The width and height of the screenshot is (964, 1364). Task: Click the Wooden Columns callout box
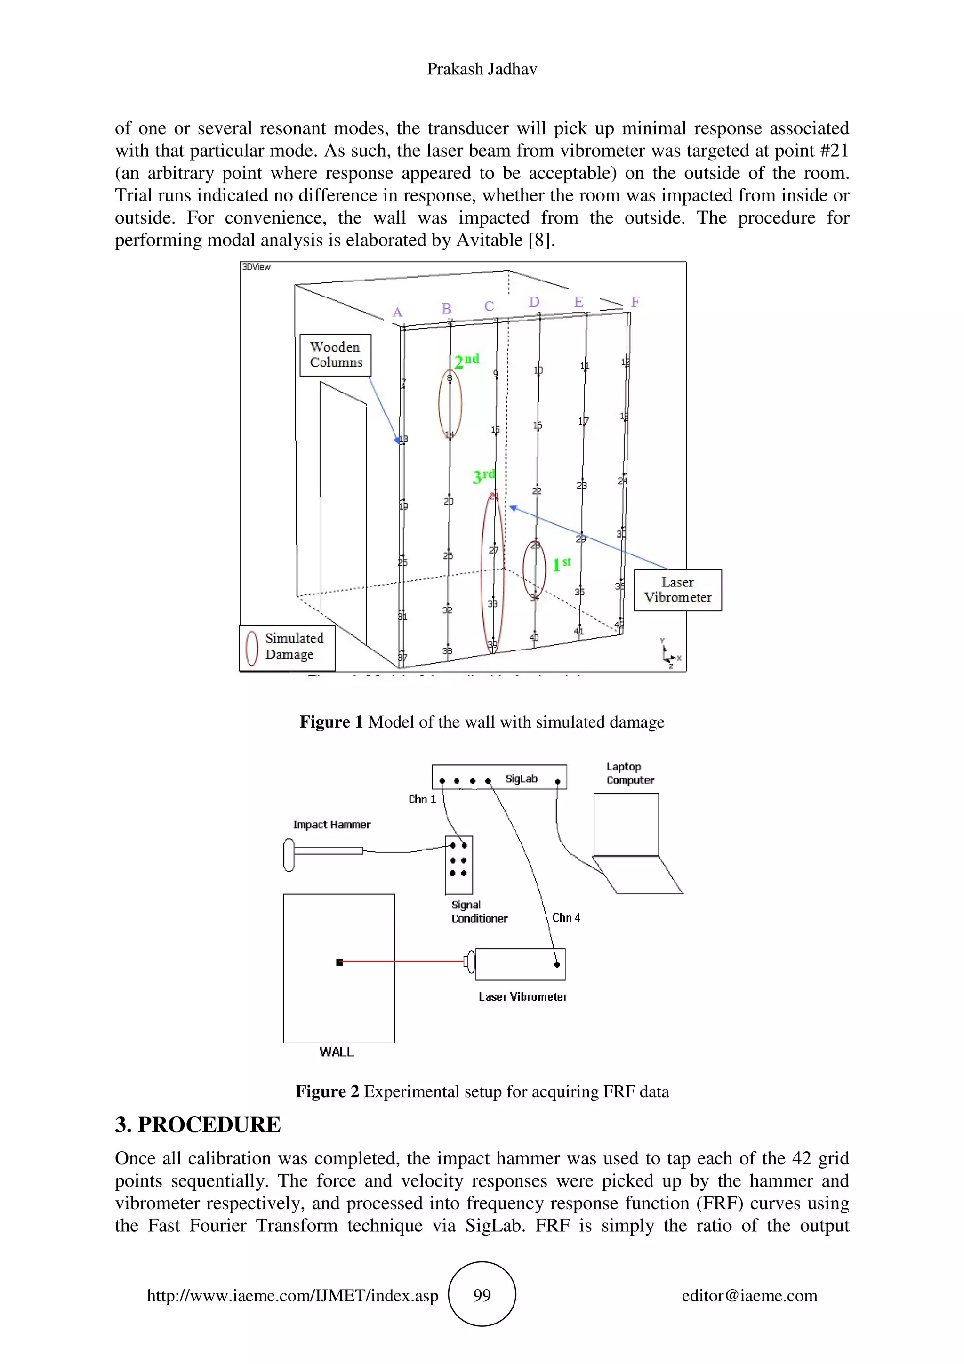click(336, 355)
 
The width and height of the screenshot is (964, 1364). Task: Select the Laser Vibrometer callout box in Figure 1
click(677, 590)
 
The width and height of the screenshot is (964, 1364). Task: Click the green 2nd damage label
click(466, 361)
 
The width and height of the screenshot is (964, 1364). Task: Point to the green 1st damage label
click(561, 564)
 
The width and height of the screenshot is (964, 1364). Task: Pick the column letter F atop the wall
click(635, 302)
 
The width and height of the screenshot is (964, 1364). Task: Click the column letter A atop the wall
click(397, 312)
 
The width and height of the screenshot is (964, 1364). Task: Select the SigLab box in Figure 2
click(499, 777)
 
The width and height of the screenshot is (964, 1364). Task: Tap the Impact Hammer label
click(331, 825)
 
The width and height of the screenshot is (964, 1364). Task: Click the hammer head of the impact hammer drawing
click(289, 855)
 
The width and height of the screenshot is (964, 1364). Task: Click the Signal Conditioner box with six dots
click(458, 864)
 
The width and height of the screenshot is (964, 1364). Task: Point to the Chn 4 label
click(565, 917)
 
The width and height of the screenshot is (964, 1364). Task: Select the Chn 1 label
click(422, 800)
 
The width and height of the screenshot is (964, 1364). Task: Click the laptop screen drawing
click(626, 825)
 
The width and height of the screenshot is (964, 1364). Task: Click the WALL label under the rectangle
click(336, 1052)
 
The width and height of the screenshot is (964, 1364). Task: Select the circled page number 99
click(482, 1295)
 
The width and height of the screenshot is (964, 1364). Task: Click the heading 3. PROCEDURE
click(198, 1124)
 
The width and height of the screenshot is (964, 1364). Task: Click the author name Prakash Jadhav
click(482, 70)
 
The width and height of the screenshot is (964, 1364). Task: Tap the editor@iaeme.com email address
click(749, 1295)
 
